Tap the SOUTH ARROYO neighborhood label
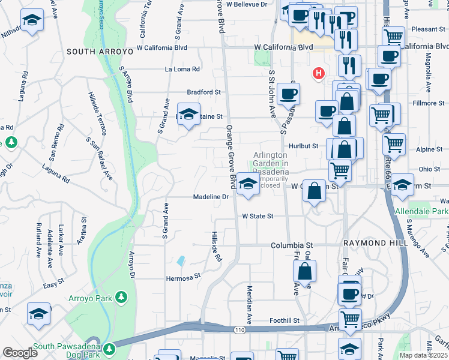click(x=99, y=52)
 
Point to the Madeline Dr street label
click(x=211, y=197)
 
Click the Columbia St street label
click(x=292, y=245)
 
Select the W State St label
click(x=258, y=216)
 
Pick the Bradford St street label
click(x=204, y=92)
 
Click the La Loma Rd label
click(x=182, y=70)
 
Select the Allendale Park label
click(x=421, y=212)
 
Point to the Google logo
click(x=20, y=353)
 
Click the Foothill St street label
click(x=284, y=321)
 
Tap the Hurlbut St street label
click(x=302, y=146)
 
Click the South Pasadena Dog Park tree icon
click(x=109, y=348)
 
